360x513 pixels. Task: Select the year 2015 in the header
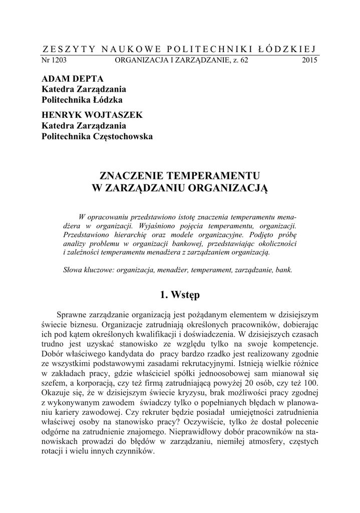click(x=310, y=60)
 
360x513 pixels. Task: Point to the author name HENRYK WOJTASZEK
click(x=92, y=115)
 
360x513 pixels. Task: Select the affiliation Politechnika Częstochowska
click(x=97, y=136)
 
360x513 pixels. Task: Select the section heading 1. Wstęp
click(x=180, y=295)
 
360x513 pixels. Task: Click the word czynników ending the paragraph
click(x=135, y=451)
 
